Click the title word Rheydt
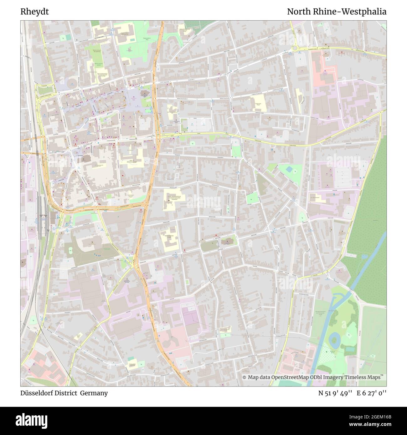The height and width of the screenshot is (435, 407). (x=34, y=12)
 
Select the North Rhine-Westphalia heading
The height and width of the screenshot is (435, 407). (x=337, y=12)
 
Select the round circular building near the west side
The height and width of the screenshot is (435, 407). (x=72, y=83)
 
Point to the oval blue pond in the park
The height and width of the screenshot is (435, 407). (x=334, y=338)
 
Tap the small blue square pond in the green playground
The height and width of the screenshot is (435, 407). (x=288, y=169)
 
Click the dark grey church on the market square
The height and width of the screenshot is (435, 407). (x=144, y=94)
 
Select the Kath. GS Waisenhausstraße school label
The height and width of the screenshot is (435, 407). (x=131, y=161)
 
